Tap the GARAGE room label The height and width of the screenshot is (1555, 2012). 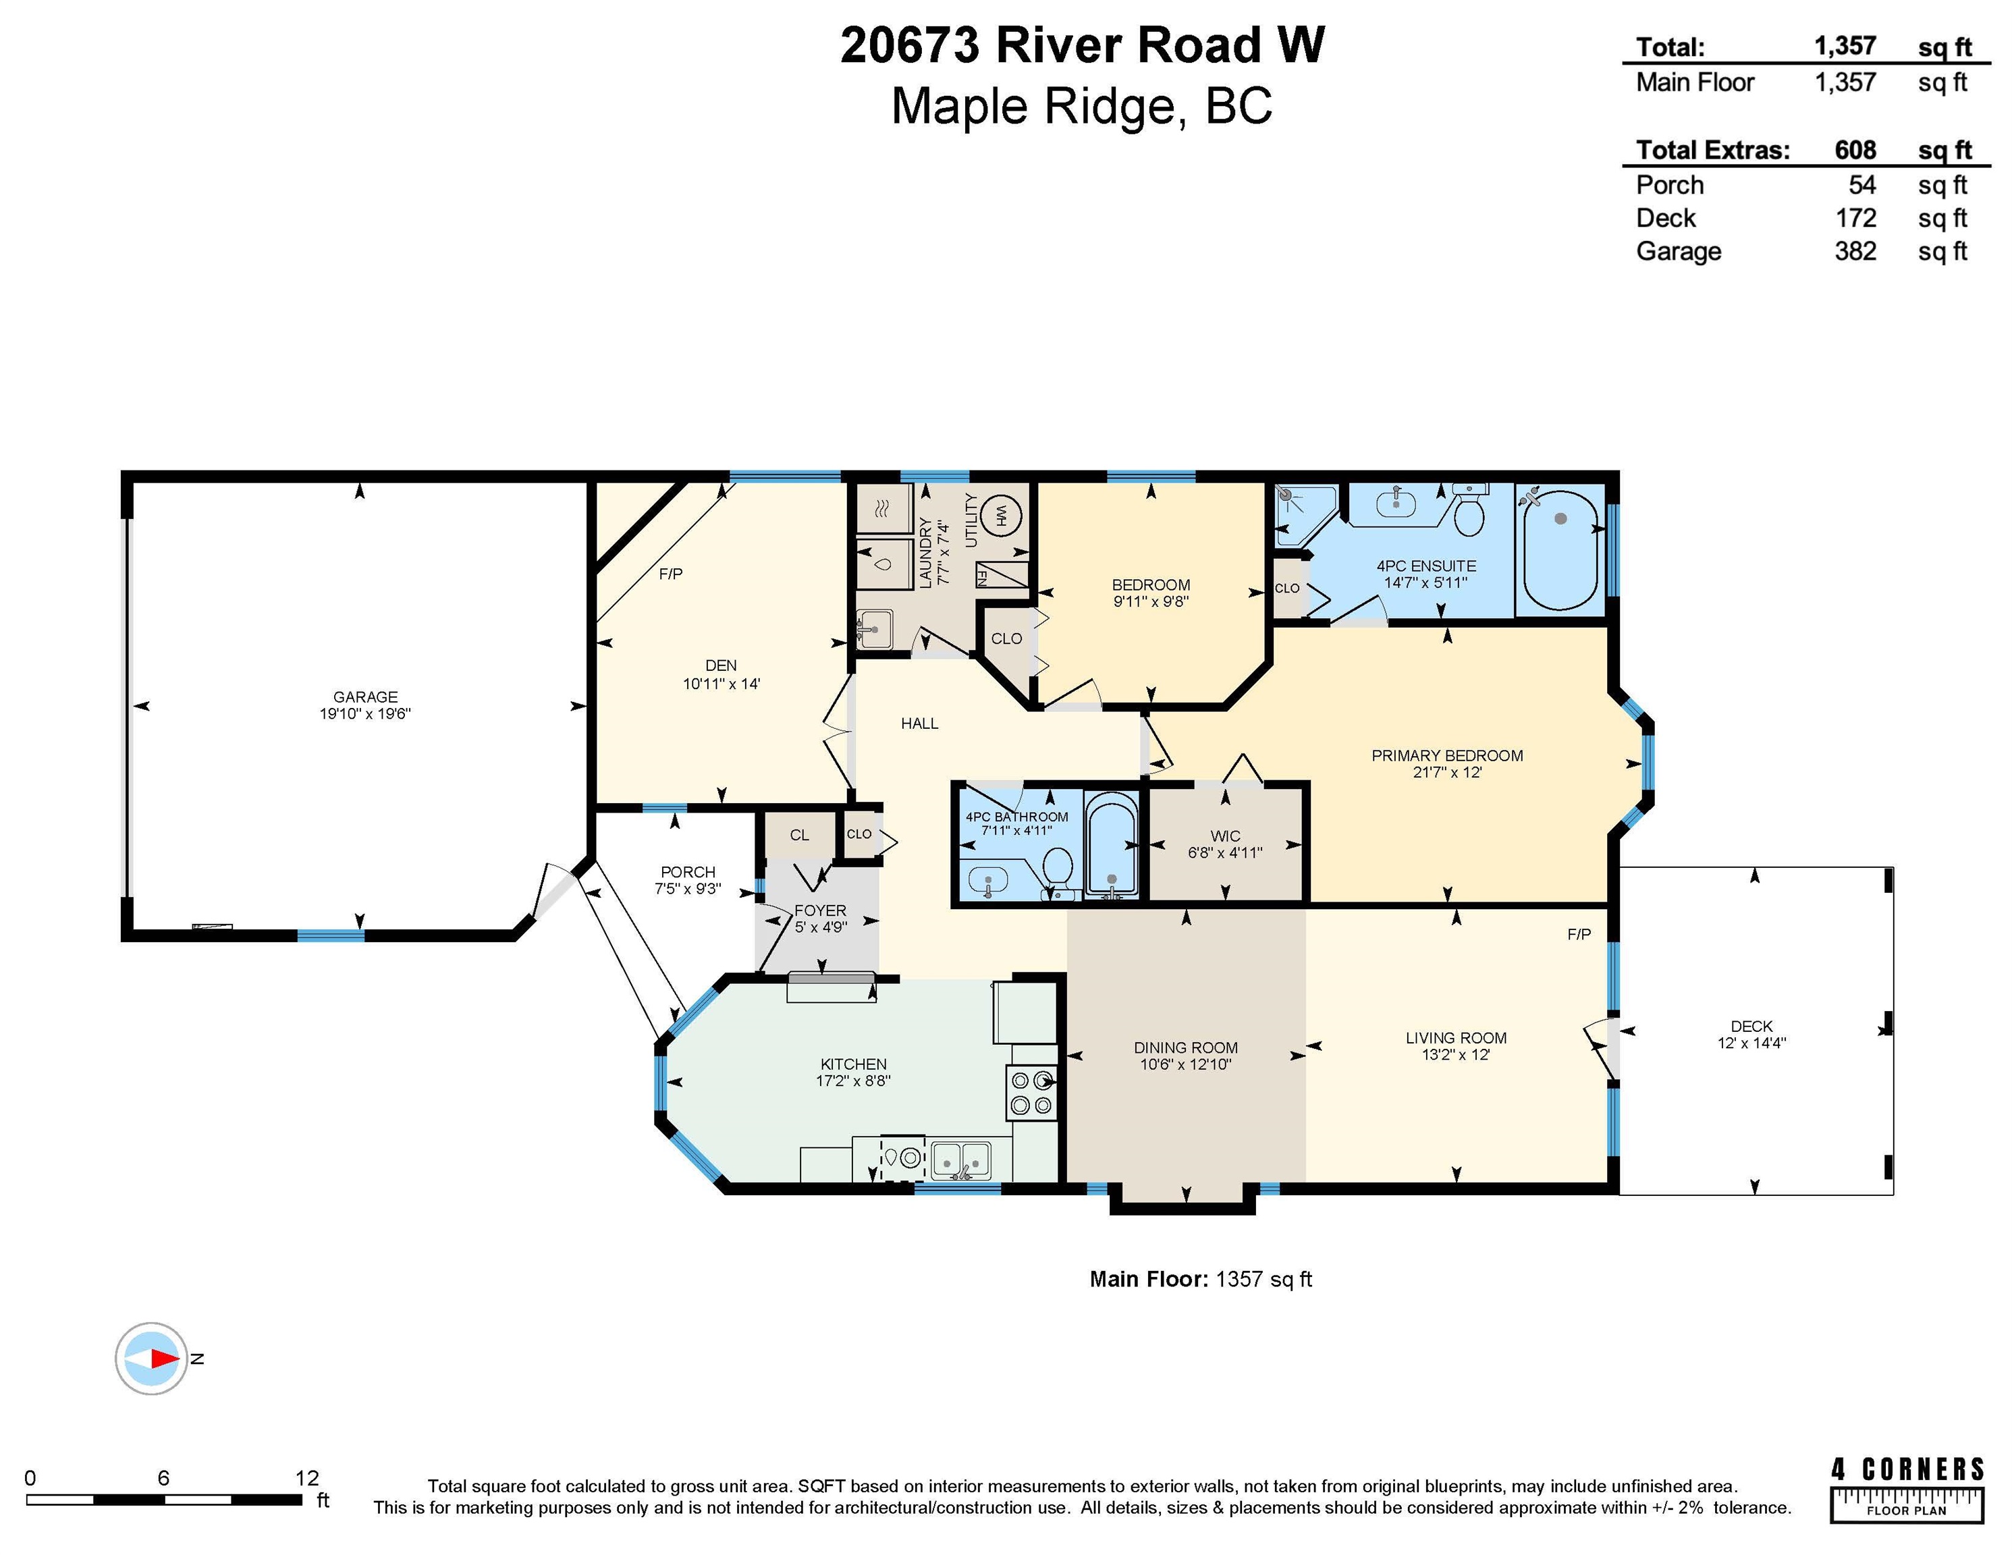[x=366, y=697]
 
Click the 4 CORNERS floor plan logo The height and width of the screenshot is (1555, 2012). [x=1907, y=1489]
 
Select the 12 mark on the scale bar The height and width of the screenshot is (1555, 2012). [x=307, y=1477]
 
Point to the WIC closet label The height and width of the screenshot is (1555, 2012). [x=1225, y=836]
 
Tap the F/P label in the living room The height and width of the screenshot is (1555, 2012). [x=1579, y=934]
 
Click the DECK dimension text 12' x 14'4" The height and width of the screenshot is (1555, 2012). [x=1751, y=1043]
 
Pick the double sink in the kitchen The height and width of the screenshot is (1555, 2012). [x=961, y=1159]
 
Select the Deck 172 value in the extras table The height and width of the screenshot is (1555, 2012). [x=1855, y=217]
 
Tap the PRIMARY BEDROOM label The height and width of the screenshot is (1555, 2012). [x=1447, y=755]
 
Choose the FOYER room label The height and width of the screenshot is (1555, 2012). [x=820, y=910]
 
